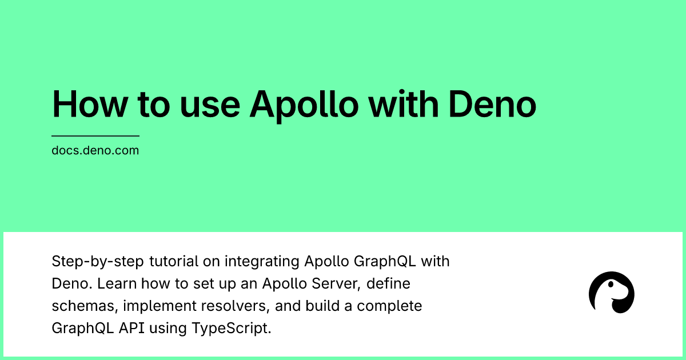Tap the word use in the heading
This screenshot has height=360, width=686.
[x=205, y=103]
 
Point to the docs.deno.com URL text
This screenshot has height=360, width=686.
[x=95, y=151]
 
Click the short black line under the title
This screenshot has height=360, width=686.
[x=95, y=136]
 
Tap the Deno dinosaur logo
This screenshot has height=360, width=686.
[x=611, y=292]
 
